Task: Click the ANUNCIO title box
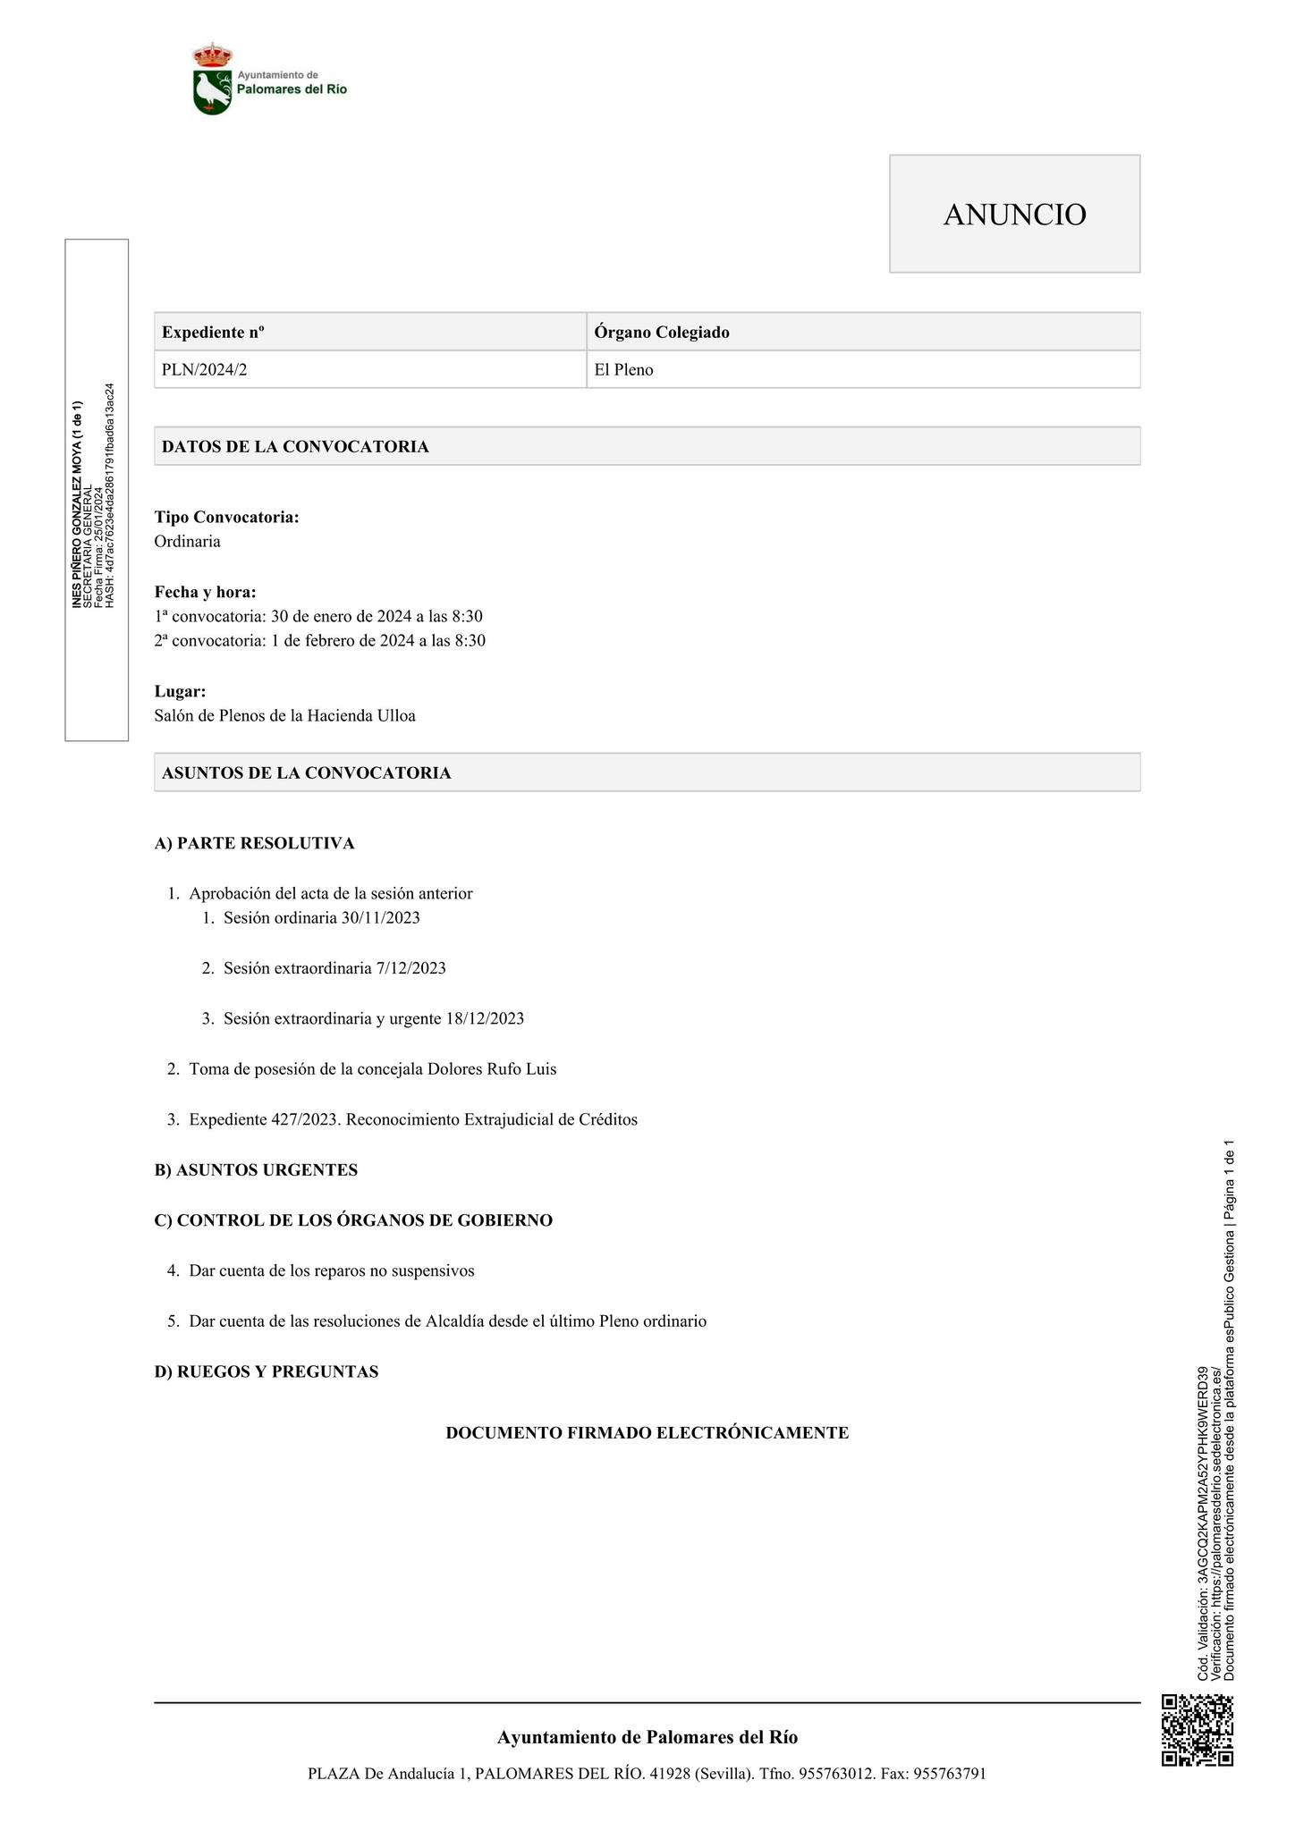click(x=1014, y=214)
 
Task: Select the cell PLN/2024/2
click(x=204, y=369)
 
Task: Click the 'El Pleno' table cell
click(x=623, y=369)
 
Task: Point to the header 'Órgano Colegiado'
click(x=662, y=332)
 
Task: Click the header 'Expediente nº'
click(x=213, y=332)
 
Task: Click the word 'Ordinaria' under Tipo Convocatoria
click(x=187, y=541)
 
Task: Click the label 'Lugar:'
click(x=180, y=691)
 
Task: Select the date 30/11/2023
click(x=380, y=917)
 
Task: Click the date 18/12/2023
click(x=484, y=1018)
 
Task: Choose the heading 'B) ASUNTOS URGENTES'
click(x=256, y=1169)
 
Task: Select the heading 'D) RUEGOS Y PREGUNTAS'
click(x=267, y=1371)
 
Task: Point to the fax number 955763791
click(x=949, y=1774)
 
